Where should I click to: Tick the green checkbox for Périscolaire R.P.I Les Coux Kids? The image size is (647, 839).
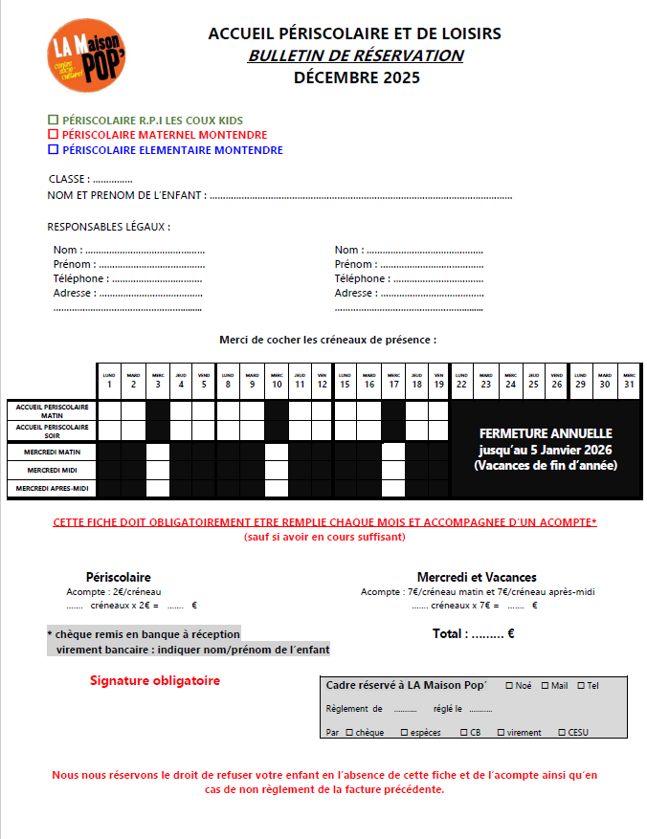tap(53, 121)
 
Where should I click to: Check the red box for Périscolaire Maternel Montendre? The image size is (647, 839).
tap(53, 135)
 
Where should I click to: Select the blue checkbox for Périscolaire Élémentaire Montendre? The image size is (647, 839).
tap(53, 149)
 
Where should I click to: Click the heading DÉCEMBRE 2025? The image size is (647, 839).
tap(356, 78)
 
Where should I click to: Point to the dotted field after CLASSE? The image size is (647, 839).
tap(113, 180)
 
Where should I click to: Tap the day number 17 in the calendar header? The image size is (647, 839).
tap(393, 385)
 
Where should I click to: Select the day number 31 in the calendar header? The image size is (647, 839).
tap(627, 385)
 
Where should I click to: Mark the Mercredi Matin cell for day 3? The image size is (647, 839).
tap(158, 452)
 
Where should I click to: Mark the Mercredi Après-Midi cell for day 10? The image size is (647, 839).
tap(277, 489)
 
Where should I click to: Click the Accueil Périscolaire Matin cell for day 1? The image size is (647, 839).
tap(110, 409)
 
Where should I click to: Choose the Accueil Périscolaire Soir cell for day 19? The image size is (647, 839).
tap(438, 430)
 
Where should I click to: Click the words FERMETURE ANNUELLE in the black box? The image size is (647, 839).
tap(546, 433)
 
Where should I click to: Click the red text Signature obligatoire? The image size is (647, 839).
tap(155, 681)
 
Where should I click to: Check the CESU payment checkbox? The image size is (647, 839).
tap(561, 733)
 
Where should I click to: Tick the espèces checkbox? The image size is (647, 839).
tap(405, 733)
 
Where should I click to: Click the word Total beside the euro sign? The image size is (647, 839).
tap(450, 633)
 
